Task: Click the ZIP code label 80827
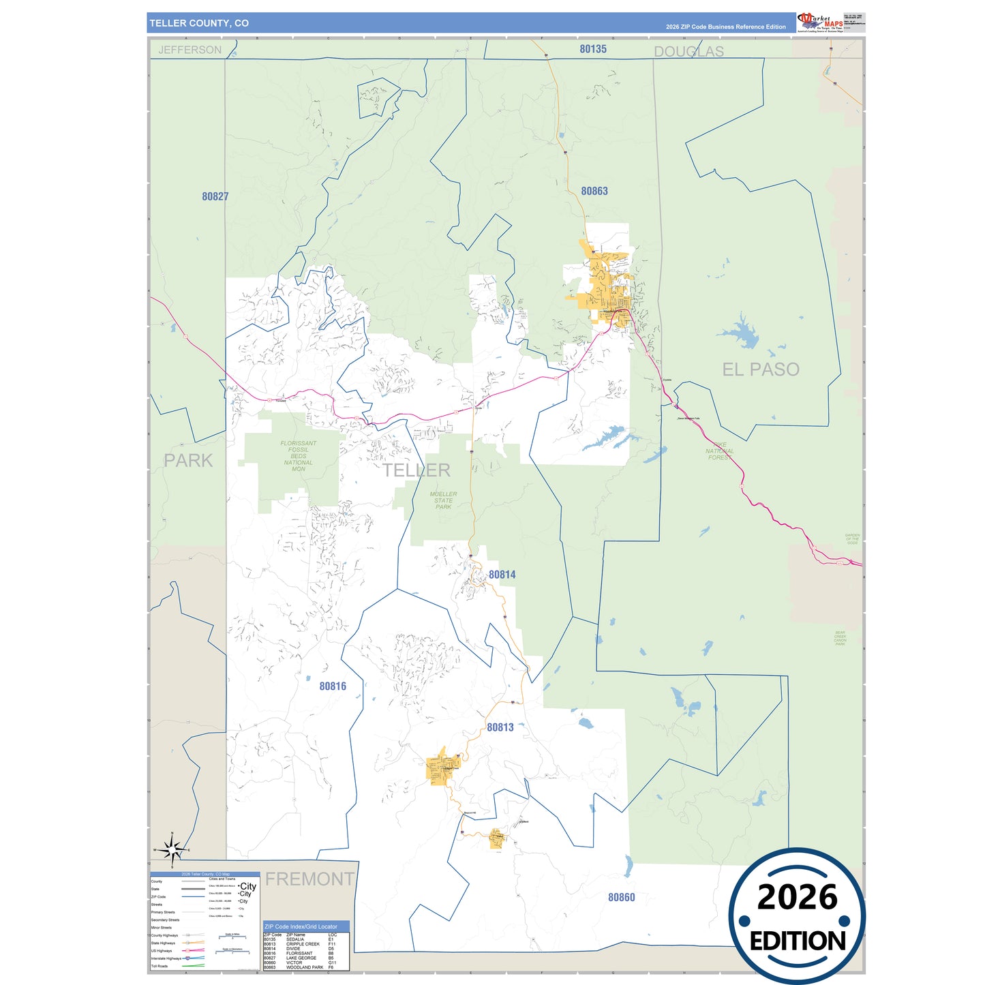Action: [215, 196]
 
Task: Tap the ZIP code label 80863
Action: [594, 191]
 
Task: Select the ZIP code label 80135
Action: [593, 49]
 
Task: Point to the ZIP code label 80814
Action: [502, 575]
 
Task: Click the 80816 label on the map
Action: [333, 686]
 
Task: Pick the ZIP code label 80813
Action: [500, 727]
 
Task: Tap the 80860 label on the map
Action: [621, 897]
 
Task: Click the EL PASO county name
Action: [761, 369]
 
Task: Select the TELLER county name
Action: [416, 470]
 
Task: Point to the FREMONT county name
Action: [309, 879]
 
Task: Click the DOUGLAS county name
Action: [688, 52]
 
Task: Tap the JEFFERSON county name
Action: [190, 50]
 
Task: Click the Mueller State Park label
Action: [444, 500]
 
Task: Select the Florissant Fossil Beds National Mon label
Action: [298, 456]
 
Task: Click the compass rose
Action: [172, 849]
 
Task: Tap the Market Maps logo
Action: [820, 22]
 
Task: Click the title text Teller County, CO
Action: [199, 23]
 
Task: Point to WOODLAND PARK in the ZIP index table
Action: [305, 967]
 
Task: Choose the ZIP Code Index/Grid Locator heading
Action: [301, 926]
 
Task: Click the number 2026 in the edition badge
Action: [797, 897]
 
